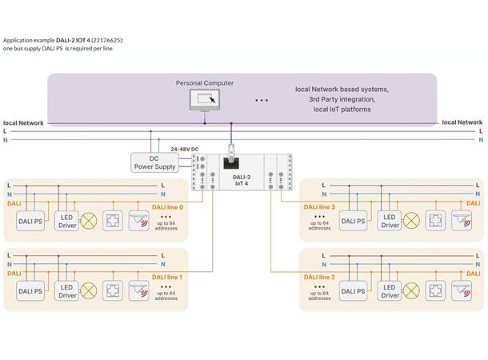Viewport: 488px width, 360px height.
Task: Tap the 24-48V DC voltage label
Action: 185,149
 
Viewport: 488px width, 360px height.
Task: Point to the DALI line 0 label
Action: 167,206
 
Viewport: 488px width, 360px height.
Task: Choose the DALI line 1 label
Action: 167,276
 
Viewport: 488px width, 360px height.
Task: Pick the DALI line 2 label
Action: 321,276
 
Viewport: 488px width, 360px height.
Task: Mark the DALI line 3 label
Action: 321,206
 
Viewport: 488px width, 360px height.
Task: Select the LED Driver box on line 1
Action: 67,291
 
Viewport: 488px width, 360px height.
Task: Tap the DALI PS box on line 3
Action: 353,221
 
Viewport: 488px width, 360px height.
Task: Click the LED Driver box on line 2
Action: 390,291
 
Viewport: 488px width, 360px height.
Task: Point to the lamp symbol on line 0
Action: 90,220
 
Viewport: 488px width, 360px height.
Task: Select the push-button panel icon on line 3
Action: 436,220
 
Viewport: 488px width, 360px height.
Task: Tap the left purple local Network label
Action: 23,122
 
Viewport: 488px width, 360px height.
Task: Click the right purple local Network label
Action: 462,122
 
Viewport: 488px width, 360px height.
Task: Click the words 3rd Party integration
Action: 342,98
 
